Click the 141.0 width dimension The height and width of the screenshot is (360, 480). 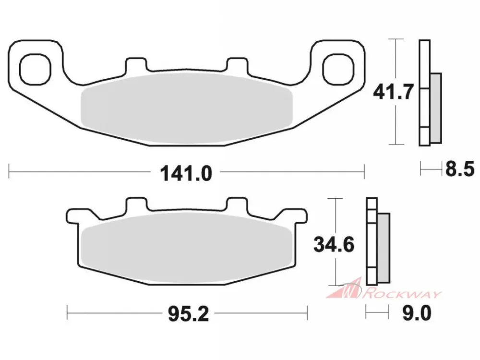pos(186,173)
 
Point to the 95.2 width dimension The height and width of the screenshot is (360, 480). pos(188,314)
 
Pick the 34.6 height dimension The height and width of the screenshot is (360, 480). pos(334,245)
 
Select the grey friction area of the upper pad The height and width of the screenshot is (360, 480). pos(186,108)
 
